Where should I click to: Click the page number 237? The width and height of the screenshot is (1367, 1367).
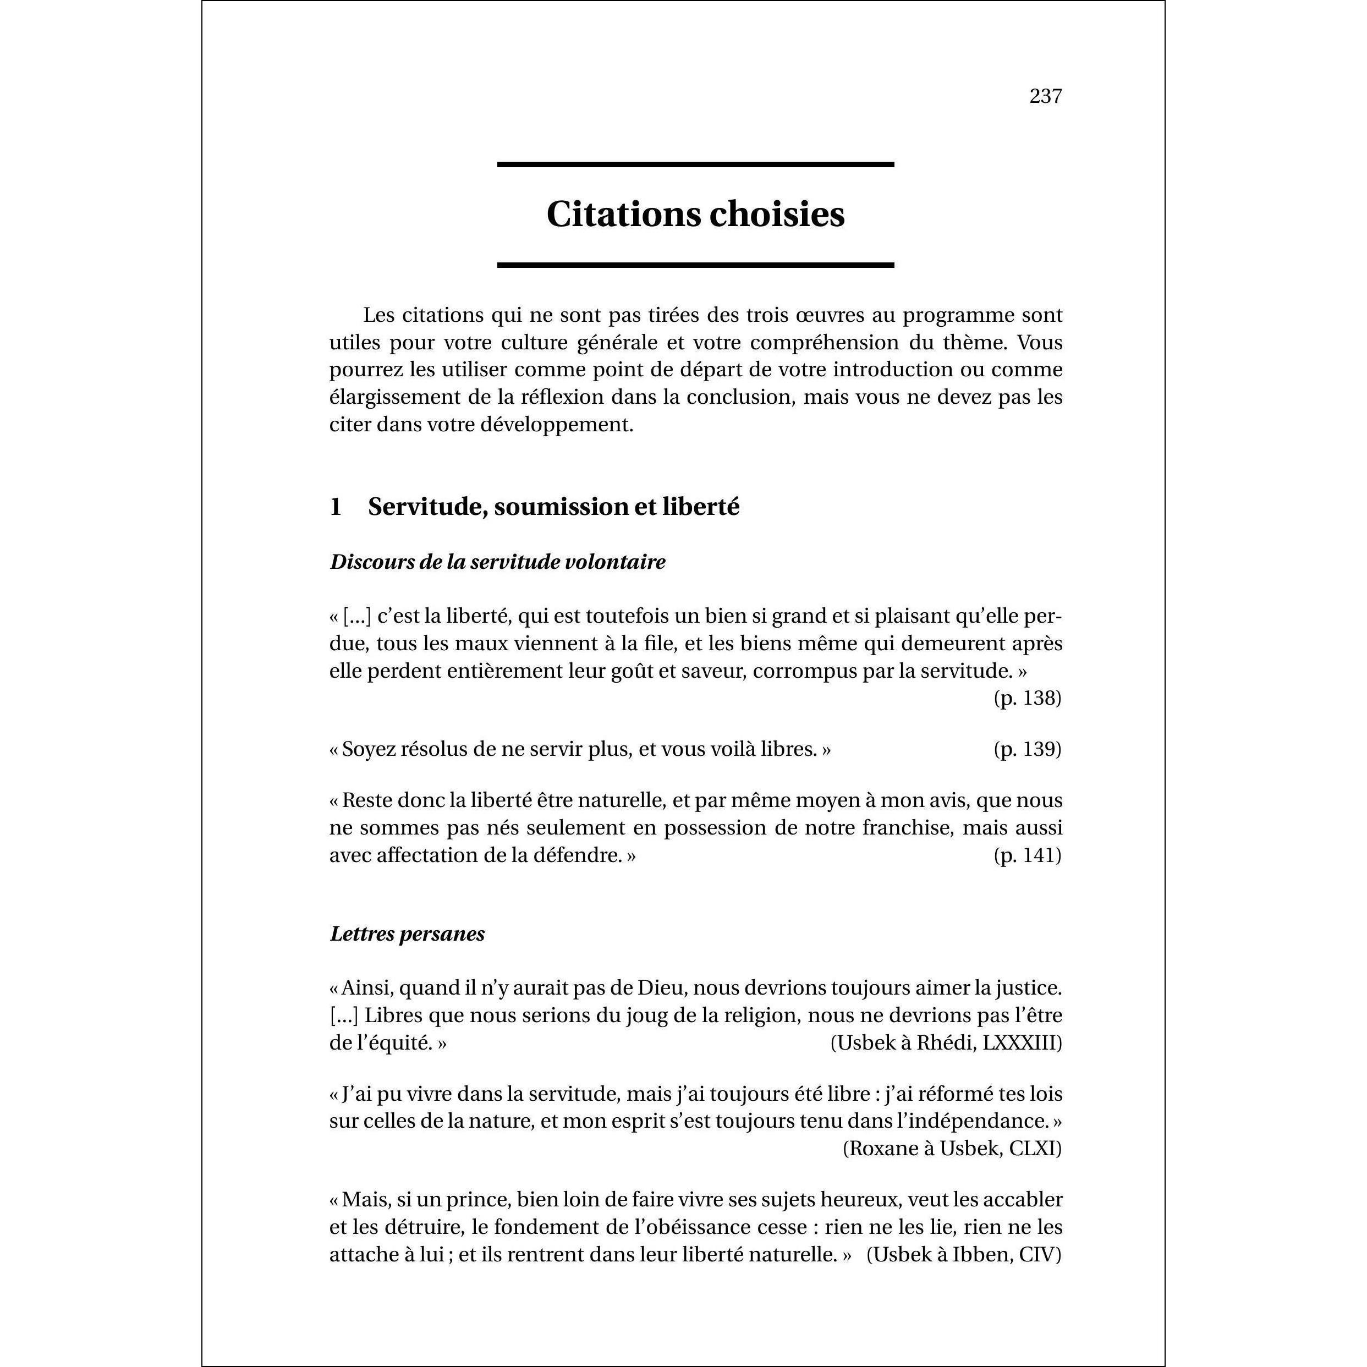pyautogui.click(x=1045, y=96)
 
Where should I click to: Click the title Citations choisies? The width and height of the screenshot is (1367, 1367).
pyautogui.click(x=695, y=213)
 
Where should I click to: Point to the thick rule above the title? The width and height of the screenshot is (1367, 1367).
pyautogui.click(x=695, y=164)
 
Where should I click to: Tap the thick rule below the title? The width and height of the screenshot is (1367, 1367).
pyautogui.click(x=695, y=265)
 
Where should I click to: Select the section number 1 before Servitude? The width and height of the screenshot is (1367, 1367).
pyautogui.click(x=336, y=507)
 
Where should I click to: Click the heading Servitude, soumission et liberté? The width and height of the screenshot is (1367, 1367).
pyautogui.click(x=553, y=507)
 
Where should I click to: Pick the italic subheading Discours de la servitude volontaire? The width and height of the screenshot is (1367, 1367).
pyautogui.click(x=497, y=562)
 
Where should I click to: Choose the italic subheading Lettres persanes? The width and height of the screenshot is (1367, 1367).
pyautogui.click(x=407, y=934)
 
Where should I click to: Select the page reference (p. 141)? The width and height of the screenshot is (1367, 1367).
pyautogui.click(x=1028, y=855)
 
